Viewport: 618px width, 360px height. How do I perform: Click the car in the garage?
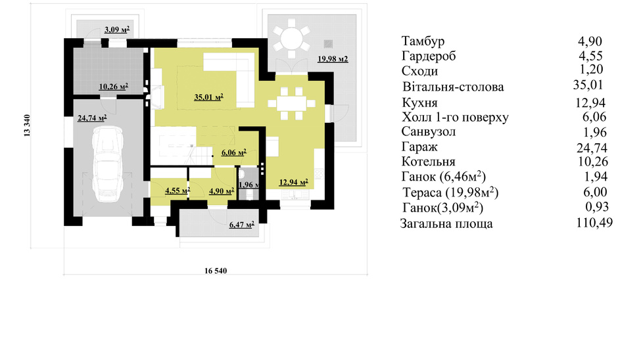(107, 164)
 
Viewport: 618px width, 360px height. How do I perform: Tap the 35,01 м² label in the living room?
(209, 97)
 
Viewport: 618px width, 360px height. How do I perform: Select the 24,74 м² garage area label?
(92, 118)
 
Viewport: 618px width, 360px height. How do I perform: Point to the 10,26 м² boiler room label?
(114, 86)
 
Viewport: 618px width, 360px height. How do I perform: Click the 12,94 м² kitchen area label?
(294, 182)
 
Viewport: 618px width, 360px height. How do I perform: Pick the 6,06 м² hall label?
(233, 152)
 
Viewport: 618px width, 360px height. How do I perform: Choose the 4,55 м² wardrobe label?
(178, 191)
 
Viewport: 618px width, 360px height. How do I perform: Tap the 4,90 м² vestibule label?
(222, 191)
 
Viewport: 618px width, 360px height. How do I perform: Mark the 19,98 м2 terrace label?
(333, 59)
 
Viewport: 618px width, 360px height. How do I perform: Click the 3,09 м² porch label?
(117, 29)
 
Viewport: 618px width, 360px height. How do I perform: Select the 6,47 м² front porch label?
(241, 225)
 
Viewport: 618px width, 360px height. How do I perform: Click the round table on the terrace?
(291, 39)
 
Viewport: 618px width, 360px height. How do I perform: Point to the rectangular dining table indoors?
(292, 104)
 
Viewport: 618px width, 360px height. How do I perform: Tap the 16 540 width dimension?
(216, 271)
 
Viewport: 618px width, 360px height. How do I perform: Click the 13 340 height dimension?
(27, 125)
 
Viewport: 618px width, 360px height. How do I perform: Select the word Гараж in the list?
(419, 147)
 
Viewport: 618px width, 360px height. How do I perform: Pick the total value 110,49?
(594, 223)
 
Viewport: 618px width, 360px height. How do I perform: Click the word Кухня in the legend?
(419, 102)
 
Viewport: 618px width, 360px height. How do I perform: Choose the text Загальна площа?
(446, 224)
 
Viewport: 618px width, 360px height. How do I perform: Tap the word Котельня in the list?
(429, 162)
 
